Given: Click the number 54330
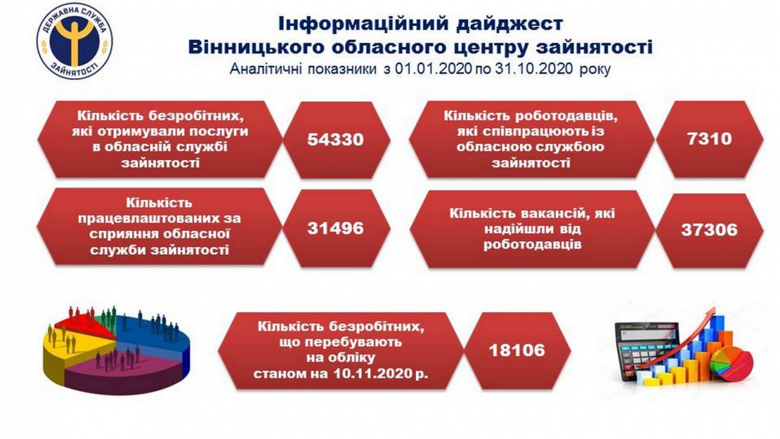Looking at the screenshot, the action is click(335, 139).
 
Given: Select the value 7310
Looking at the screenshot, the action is click(709, 138).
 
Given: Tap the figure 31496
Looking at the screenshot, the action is click(335, 228).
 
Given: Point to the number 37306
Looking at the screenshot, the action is click(709, 230).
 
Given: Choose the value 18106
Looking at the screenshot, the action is click(517, 350).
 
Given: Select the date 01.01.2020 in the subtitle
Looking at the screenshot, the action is click(433, 69).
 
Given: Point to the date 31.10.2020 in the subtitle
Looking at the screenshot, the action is click(535, 69).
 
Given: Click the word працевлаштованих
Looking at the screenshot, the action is click(159, 219).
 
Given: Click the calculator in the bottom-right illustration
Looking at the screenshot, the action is click(647, 348).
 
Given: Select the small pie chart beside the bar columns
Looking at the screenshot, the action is click(731, 364).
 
